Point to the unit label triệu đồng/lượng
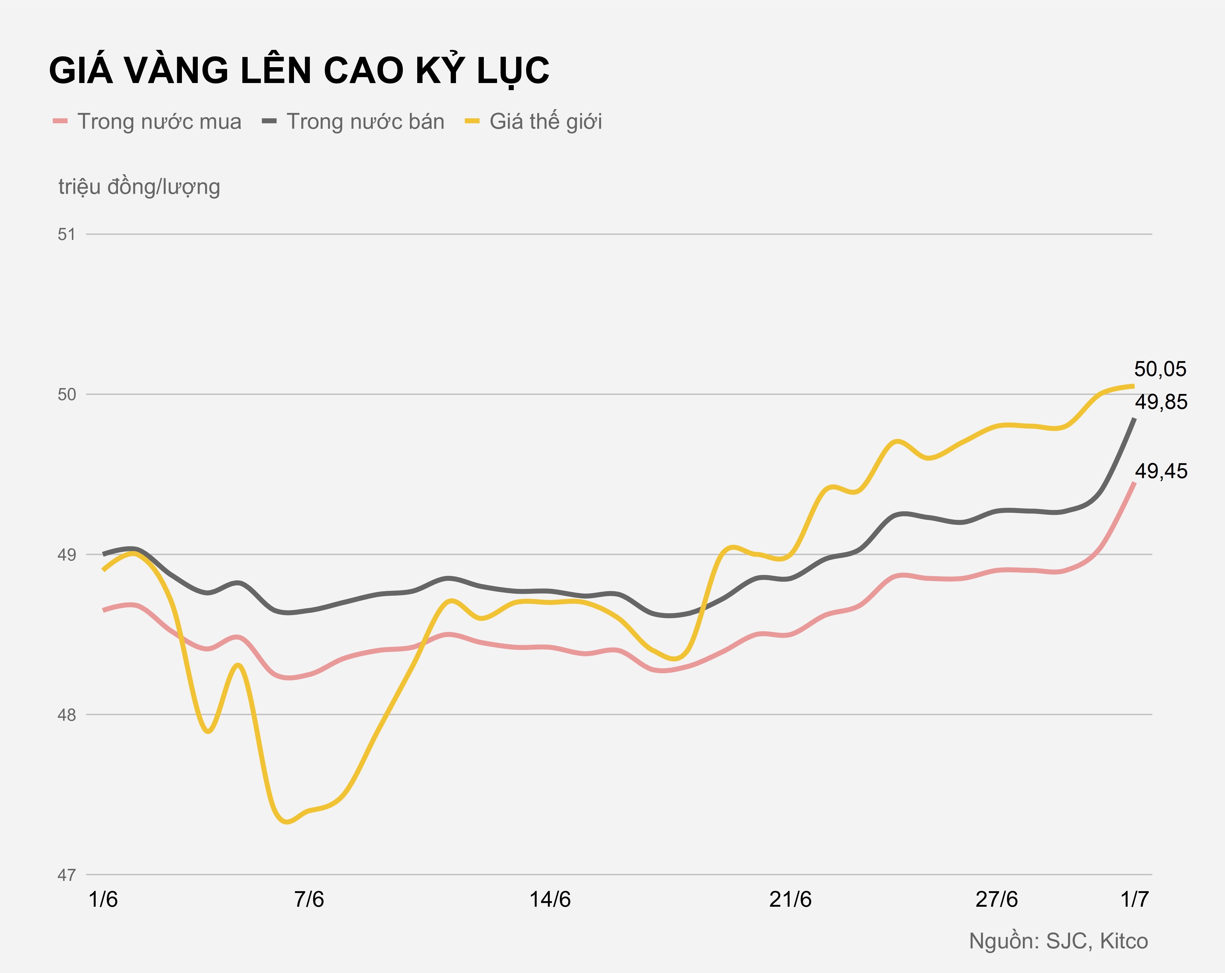point(139,187)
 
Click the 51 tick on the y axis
point(67,234)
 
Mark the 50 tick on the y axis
point(67,394)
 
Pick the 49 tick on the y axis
point(67,554)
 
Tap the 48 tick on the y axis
point(67,715)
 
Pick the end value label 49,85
point(1161,402)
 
